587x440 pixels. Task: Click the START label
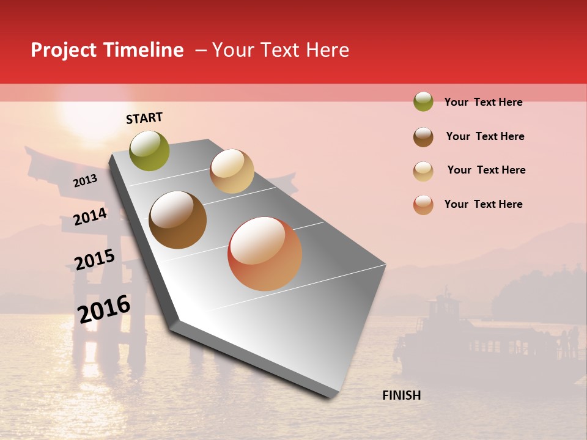coord(144,118)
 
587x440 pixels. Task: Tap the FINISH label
coord(401,395)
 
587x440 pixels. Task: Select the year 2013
coord(85,181)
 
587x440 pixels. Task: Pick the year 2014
coord(90,216)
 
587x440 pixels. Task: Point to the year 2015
coord(94,260)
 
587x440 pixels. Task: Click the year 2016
coord(104,309)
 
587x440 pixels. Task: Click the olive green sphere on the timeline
coord(149,150)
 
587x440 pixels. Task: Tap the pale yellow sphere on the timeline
coord(232,171)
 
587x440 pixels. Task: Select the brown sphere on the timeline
coord(177,220)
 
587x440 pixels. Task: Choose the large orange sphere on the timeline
coord(264,254)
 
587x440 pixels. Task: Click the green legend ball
coord(423,102)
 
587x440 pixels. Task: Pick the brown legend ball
coord(423,137)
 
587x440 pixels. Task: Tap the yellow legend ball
coord(423,171)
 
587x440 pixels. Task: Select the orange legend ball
coord(423,205)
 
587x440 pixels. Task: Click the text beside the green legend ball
coord(483,102)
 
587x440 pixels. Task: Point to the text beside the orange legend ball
coord(483,204)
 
